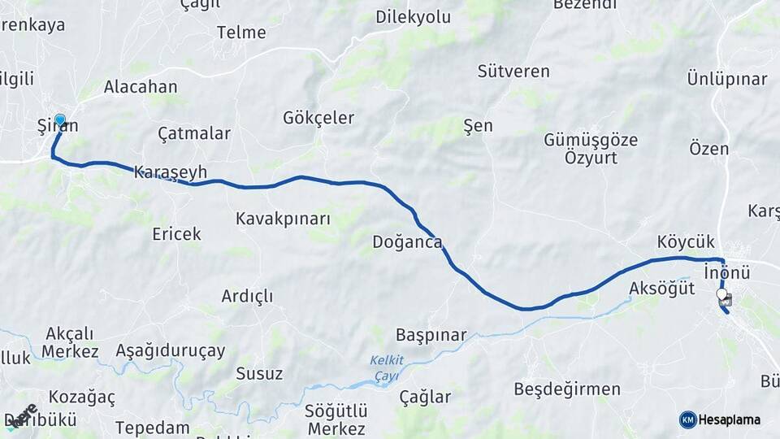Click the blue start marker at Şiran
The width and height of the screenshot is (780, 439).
(x=59, y=120)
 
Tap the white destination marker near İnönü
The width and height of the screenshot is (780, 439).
(x=721, y=293)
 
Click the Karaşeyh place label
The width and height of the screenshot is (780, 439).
(x=171, y=172)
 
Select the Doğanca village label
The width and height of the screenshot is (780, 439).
(x=407, y=241)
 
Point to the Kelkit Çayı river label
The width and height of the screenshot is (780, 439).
(x=386, y=367)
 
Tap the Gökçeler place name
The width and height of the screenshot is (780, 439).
(x=318, y=118)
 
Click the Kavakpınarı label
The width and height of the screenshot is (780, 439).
(x=283, y=219)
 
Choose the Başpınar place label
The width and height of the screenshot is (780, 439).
(x=431, y=335)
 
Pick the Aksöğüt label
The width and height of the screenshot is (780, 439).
(x=661, y=288)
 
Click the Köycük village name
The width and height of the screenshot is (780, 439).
(x=686, y=241)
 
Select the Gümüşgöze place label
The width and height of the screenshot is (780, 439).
(x=591, y=140)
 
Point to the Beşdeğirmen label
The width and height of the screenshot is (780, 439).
(x=567, y=389)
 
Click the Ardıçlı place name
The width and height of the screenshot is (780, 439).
(x=247, y=296)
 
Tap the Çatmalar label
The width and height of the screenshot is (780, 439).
(x=194, y=133)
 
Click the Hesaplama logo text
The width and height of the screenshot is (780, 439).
(x=730, y=419)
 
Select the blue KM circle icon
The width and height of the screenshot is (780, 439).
(x=687, y=419)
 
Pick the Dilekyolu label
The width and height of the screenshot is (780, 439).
(x=413, y=16)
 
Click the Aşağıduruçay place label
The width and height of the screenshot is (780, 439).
(x=170, y=351)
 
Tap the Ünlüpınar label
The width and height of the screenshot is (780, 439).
(x=727, y=79)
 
